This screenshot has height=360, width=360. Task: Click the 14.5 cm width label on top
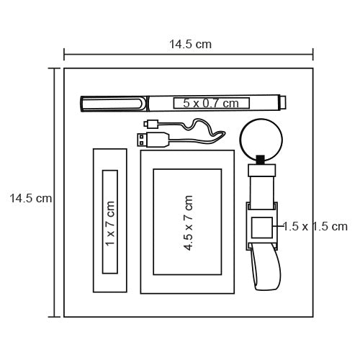(x=191, y=45)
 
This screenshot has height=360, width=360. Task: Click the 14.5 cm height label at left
(x=31, y=198)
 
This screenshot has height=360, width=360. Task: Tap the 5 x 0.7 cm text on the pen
(x=211, y=103)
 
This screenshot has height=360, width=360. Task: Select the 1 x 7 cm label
(x=110, y=223)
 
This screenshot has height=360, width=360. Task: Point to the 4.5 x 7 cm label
(x=188, y=223)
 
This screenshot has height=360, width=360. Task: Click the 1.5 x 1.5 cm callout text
(x=315, y=226)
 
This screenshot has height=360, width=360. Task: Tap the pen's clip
(x=113, y=104)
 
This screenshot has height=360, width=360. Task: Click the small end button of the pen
(x=283, y=102)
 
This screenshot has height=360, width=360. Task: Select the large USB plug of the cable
(x=153, y=140)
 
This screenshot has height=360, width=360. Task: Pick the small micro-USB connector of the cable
(x=151, y=124)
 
